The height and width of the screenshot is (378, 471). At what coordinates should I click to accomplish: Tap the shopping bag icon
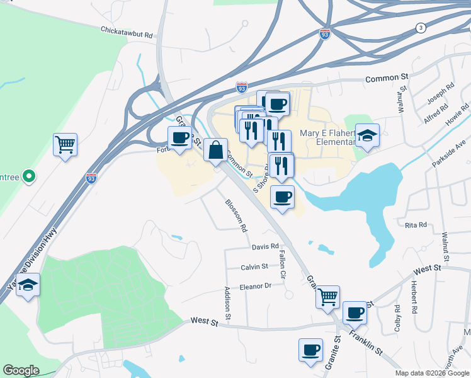coord(215,150)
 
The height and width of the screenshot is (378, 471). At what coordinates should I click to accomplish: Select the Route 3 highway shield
coord(420,28)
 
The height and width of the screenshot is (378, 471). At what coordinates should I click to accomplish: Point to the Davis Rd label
coord(265,246)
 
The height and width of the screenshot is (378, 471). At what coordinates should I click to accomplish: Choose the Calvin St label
coord(254,267)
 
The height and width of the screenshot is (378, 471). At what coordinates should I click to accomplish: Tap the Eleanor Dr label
coord(255,285)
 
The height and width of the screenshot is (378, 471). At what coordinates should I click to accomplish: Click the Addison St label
coord(228,302)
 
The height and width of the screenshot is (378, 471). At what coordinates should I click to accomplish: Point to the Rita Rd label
coord(416,225)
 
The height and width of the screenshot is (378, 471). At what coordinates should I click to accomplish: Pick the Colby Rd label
coord(397,318)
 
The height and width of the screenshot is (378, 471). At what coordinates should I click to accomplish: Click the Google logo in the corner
coord(21,370)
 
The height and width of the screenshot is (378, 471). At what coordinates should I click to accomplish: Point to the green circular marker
coord(28,177)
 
